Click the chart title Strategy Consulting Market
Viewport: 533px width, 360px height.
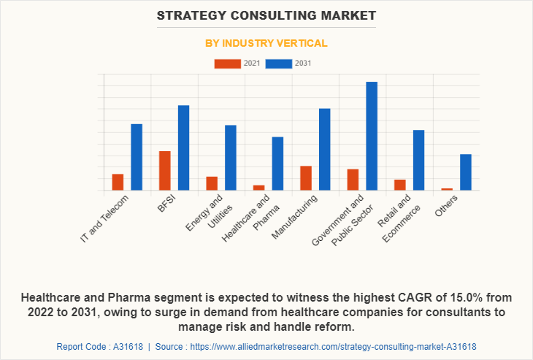click(266, 15)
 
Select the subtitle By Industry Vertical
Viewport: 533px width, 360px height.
click(266, 43)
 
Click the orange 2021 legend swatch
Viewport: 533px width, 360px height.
click(227, 64)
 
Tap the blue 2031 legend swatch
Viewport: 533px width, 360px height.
click(279, 64)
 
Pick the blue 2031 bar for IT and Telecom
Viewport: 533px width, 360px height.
click(137, 157)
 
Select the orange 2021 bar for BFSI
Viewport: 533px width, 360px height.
click(165, 171)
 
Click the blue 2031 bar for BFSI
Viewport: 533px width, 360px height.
click(183, 148)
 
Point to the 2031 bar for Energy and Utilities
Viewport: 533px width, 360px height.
click(231, 158)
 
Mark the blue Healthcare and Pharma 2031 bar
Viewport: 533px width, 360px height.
click(277, 164)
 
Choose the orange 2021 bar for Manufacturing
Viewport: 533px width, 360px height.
click(306, 178)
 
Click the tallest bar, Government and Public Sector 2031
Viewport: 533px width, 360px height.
click(372, 136)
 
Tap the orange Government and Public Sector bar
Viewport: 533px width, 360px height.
click(353, 180)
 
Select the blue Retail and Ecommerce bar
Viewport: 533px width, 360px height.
click(418, 160)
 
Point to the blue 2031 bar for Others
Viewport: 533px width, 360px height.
click(466, 172)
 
